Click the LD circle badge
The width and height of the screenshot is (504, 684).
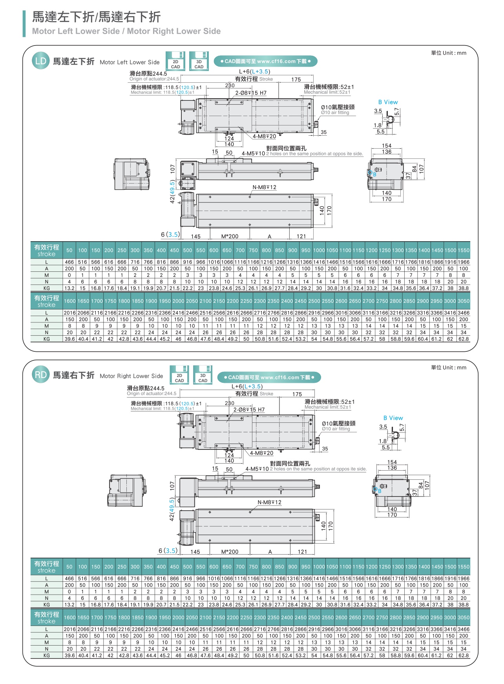pos(40,61)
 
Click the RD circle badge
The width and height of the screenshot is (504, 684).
pos(40,375)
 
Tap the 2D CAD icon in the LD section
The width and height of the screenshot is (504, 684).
pos(175,61)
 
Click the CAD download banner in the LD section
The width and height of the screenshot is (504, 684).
pos(265,61)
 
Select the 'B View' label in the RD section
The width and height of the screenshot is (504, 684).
pos(393,418)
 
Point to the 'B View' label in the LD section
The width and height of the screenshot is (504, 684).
pos(388,102)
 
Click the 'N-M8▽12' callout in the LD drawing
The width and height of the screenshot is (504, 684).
pos(264,187)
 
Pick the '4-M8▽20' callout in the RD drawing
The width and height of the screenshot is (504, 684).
pos(261,453)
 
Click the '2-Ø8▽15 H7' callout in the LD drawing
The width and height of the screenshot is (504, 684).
pos(251,93)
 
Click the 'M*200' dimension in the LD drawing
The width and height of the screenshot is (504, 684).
pos(230,236)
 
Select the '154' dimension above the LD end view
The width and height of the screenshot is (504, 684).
pos(387,146)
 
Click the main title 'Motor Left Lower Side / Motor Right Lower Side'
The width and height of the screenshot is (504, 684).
pos(126,31)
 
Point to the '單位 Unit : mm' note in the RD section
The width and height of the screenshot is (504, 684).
pos(449,367)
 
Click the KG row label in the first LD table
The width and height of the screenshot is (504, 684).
pos(46,288)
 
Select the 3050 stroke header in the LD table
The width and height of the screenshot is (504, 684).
pos(463,301)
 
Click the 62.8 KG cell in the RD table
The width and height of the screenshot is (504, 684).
pos(463,655)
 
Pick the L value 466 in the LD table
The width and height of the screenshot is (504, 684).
pos(69,262)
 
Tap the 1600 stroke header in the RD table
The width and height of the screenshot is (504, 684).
pos(69,617)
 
